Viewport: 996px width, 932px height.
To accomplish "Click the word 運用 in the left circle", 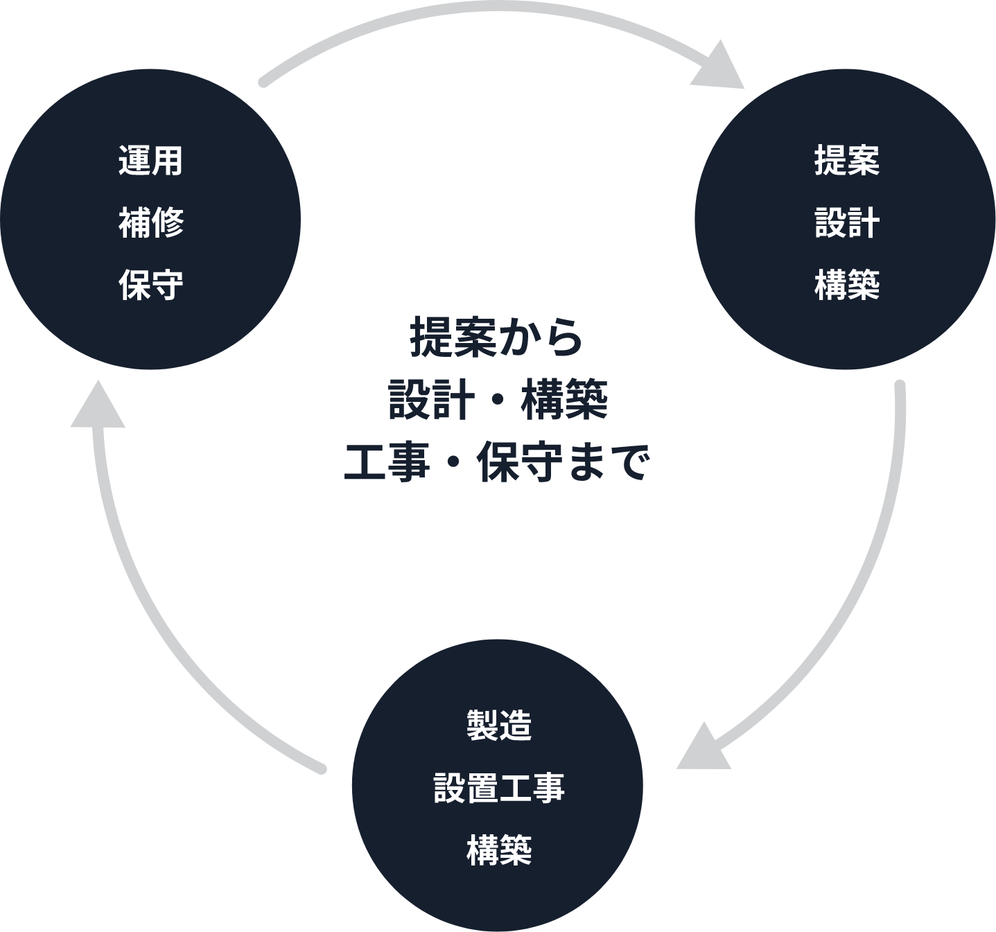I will [150, 161].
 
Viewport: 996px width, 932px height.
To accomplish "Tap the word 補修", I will [150, 222].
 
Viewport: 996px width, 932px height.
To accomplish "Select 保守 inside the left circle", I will [150, 285].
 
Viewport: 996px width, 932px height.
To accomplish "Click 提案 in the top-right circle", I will [846, 161].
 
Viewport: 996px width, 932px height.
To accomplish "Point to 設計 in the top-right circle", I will [846, 222].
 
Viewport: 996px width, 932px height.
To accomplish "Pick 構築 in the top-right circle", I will [846, 285].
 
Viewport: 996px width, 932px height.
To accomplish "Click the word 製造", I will [498, 726].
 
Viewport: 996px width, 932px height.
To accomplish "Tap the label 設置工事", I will [498, 788].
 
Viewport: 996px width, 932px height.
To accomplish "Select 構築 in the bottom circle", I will [498, 850].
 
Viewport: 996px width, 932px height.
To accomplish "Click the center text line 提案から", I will [497, 337].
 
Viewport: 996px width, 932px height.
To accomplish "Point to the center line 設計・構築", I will [498, 400].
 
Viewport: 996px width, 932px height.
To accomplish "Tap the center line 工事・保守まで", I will [497, 462].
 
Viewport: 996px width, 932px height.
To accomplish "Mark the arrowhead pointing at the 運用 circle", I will [98, 407].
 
